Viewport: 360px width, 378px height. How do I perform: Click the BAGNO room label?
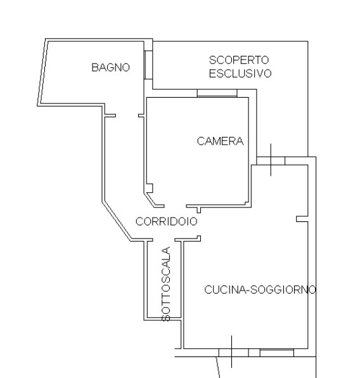(111, 67)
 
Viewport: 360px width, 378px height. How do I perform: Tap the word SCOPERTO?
(239, 60)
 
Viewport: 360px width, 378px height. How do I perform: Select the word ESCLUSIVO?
(240, 74)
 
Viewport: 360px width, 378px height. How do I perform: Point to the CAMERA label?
(220, 141)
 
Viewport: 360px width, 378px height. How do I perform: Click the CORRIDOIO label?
(167, 221)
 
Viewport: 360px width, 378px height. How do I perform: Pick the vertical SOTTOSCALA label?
(166, 284)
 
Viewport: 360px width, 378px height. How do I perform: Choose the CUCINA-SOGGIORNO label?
(260, 290)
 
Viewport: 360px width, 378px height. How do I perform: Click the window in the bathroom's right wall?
(148, 65)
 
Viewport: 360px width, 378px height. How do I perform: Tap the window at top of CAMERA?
(217, 93)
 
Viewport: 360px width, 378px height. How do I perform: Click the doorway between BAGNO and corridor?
(127, 115)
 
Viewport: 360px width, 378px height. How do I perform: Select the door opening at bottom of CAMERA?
(176, 206)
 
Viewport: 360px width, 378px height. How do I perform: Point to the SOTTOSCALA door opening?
(164, 240)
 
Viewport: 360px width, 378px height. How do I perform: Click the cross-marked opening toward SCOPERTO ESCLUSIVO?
(271, 161)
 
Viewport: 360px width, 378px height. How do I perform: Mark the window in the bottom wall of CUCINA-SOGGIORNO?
(277, 353)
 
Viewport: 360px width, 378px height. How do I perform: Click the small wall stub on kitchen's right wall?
(302, 219)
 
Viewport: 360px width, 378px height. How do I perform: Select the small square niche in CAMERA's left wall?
(150, 188)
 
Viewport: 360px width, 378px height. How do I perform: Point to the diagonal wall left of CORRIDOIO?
(117, 221)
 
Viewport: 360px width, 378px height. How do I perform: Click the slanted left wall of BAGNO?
(42, 72)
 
